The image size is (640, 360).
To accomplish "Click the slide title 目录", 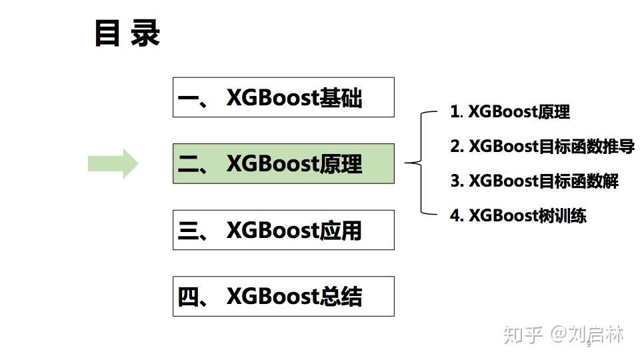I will tap(127, 33).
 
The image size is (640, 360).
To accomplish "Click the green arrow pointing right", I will tap(113, 163).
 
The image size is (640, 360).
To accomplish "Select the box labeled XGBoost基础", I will tap(283, 97).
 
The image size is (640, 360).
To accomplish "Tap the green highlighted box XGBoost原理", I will tap(283, 163).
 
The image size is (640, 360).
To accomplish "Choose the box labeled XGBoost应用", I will tap(283, 230).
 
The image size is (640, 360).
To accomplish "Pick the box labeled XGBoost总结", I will tap(283, 296).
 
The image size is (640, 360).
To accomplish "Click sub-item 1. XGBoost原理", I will tap(510, 111).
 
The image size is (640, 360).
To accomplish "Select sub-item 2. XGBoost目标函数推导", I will tap(542, 146).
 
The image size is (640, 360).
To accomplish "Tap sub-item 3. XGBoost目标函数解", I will tap(534, 181).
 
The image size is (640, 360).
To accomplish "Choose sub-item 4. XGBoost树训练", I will tap(518, 215).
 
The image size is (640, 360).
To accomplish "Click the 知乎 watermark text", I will tap(523, 334).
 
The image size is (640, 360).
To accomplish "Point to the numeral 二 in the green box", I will tap(191, 165).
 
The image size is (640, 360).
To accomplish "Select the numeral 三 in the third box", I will tap(191, 231).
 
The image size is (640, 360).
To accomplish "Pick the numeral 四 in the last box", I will tap(191, 297).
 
